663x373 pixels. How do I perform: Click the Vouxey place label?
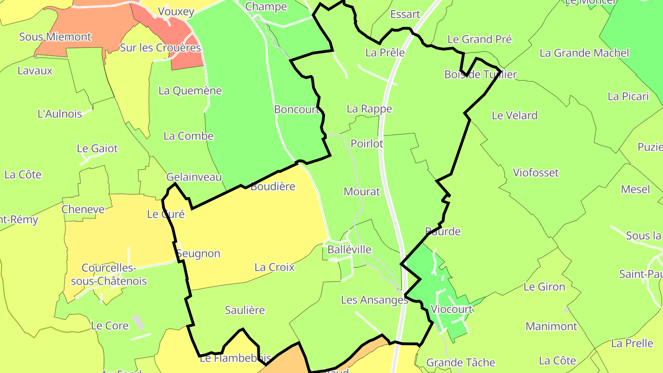[x=176, y=12]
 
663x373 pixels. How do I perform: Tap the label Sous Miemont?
[x=55, y=37]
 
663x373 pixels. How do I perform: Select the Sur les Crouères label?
[x=160, y=48]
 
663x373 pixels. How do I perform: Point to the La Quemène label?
[x=190, y=91]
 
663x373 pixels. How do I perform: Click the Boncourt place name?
[x=297, y=110]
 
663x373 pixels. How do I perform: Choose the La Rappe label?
[x=369, y=109]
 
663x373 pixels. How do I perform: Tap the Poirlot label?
[x=367, y=144]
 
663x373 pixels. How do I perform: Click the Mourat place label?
[x=362, y=192]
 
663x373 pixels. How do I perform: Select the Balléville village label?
[x=349, y=250]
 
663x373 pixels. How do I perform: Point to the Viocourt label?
[x=451, y=309]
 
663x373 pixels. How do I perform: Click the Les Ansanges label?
[x=374, y=300]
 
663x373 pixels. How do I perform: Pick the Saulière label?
[x=245, y=310]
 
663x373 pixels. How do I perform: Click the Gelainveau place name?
[x=194, y=177]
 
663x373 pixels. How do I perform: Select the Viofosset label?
[x=536, y=173]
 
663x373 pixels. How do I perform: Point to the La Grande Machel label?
[x=584, y=53]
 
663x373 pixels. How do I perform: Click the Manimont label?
[x=551, y=326]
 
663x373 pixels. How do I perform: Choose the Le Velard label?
[x=515, y=116]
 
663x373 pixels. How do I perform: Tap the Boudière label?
[x=273, y=186]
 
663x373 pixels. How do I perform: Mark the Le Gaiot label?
[x=97, y=149]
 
